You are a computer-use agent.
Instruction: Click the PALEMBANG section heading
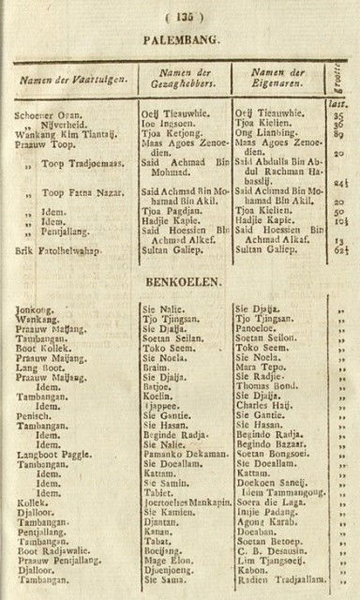tap(181, 41)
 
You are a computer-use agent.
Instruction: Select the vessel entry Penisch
tap(33, 413)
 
